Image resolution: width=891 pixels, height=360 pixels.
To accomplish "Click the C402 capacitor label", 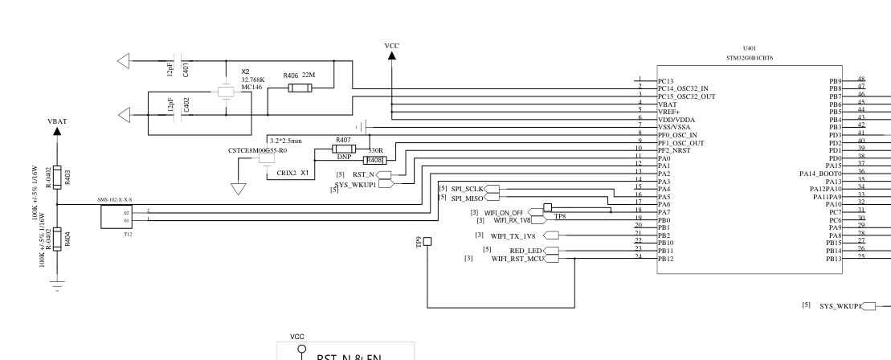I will click(186, 104).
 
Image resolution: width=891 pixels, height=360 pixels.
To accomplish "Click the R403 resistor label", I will click(67, 178).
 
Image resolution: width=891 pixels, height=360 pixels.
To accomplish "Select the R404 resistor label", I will click(67, 240).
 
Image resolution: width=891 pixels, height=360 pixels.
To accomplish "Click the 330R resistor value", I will click(374, 150).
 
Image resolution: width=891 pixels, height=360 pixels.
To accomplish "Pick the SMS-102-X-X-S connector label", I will click(116, 198).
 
